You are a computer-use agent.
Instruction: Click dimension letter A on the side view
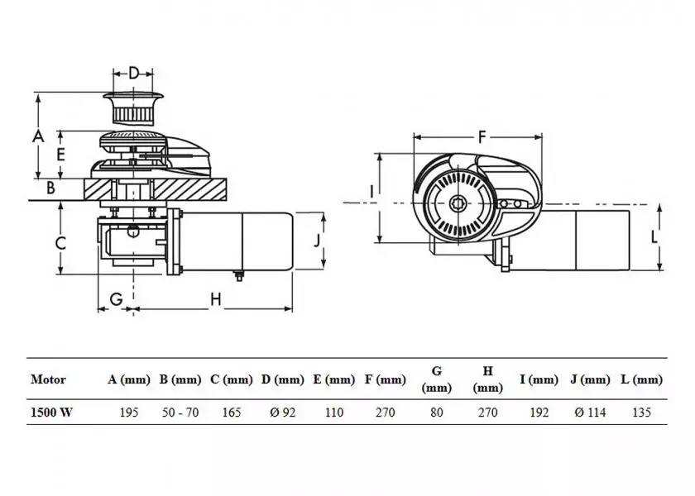[36, 136]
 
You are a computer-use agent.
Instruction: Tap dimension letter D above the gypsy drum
[134, 74]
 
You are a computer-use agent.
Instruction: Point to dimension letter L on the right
[654, 236]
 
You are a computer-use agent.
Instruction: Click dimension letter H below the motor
[214, 298]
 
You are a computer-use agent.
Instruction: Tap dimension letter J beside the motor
[317, 241]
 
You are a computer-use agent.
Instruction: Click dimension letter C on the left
[60, 242]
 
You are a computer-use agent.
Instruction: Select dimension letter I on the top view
[372, 192]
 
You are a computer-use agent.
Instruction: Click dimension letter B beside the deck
[50, 188]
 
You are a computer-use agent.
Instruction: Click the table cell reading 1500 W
[51, 413]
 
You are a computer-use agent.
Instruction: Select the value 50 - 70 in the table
[180, 413]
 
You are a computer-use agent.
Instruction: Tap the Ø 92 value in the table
[282, 413]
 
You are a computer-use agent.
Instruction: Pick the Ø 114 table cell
[590, 413]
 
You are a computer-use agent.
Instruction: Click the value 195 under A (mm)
[129, 413]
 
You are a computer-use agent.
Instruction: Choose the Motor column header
[48, 380]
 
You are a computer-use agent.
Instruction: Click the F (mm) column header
[385, 380]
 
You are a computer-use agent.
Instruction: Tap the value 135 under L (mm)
[641, 413]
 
